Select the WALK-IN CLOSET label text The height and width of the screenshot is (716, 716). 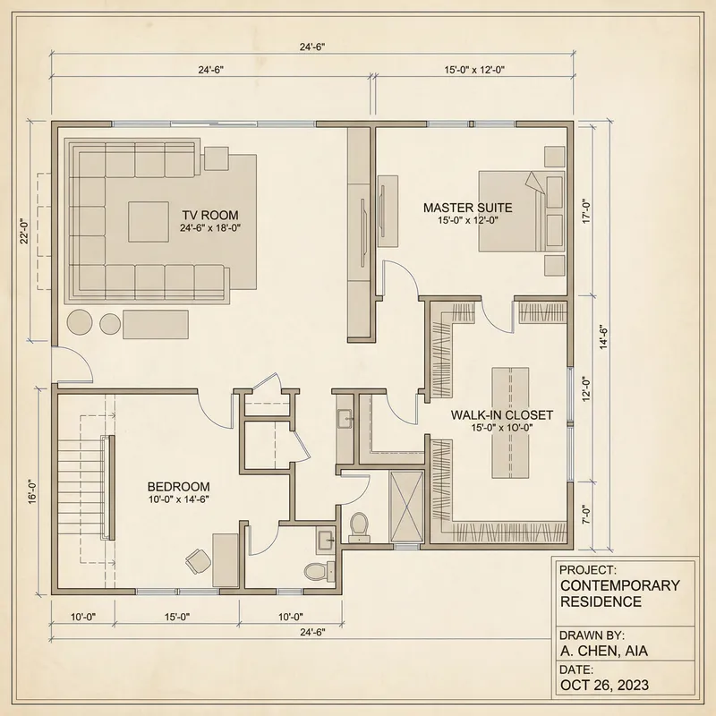pos(501,415)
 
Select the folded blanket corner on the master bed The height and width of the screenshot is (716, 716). pos(534,183)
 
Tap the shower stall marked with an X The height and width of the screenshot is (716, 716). pos(407,507)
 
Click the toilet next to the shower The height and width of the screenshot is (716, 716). pos(360,525)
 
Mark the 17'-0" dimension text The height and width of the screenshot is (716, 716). pos(587,211)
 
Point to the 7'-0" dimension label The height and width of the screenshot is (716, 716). pos(587,517)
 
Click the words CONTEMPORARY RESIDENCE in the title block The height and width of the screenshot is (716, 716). pos(618,593)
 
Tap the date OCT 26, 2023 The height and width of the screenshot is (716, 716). pos(605,686)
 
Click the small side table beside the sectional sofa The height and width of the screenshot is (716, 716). pos(217,158)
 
